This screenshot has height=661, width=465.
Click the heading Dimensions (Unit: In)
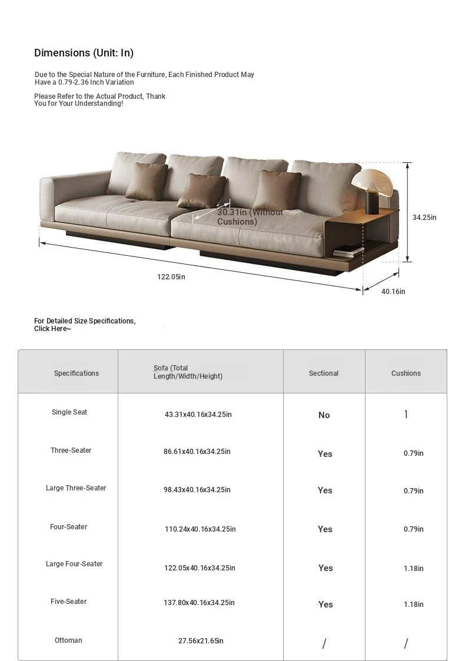84,53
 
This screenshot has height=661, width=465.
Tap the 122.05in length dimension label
171,276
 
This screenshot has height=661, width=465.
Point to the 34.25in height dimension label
424,217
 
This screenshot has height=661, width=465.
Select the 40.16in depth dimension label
393,291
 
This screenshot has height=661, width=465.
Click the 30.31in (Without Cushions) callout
250,216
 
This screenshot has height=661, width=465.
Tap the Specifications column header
77,373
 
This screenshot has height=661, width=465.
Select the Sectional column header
324,373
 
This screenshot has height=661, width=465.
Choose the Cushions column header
406,373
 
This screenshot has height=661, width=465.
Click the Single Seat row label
69,412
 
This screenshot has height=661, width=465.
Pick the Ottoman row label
68,640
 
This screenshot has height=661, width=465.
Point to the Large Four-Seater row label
74,564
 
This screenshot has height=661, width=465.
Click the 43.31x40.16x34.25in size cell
198,415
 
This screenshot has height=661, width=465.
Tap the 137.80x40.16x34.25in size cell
199,603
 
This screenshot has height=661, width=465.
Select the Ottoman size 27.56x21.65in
201,641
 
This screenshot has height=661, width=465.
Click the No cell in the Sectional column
324,415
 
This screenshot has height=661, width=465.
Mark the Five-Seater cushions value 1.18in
413,605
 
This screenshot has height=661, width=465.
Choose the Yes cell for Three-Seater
325,454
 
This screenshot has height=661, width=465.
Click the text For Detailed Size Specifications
85,321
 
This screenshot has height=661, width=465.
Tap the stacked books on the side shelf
348,251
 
